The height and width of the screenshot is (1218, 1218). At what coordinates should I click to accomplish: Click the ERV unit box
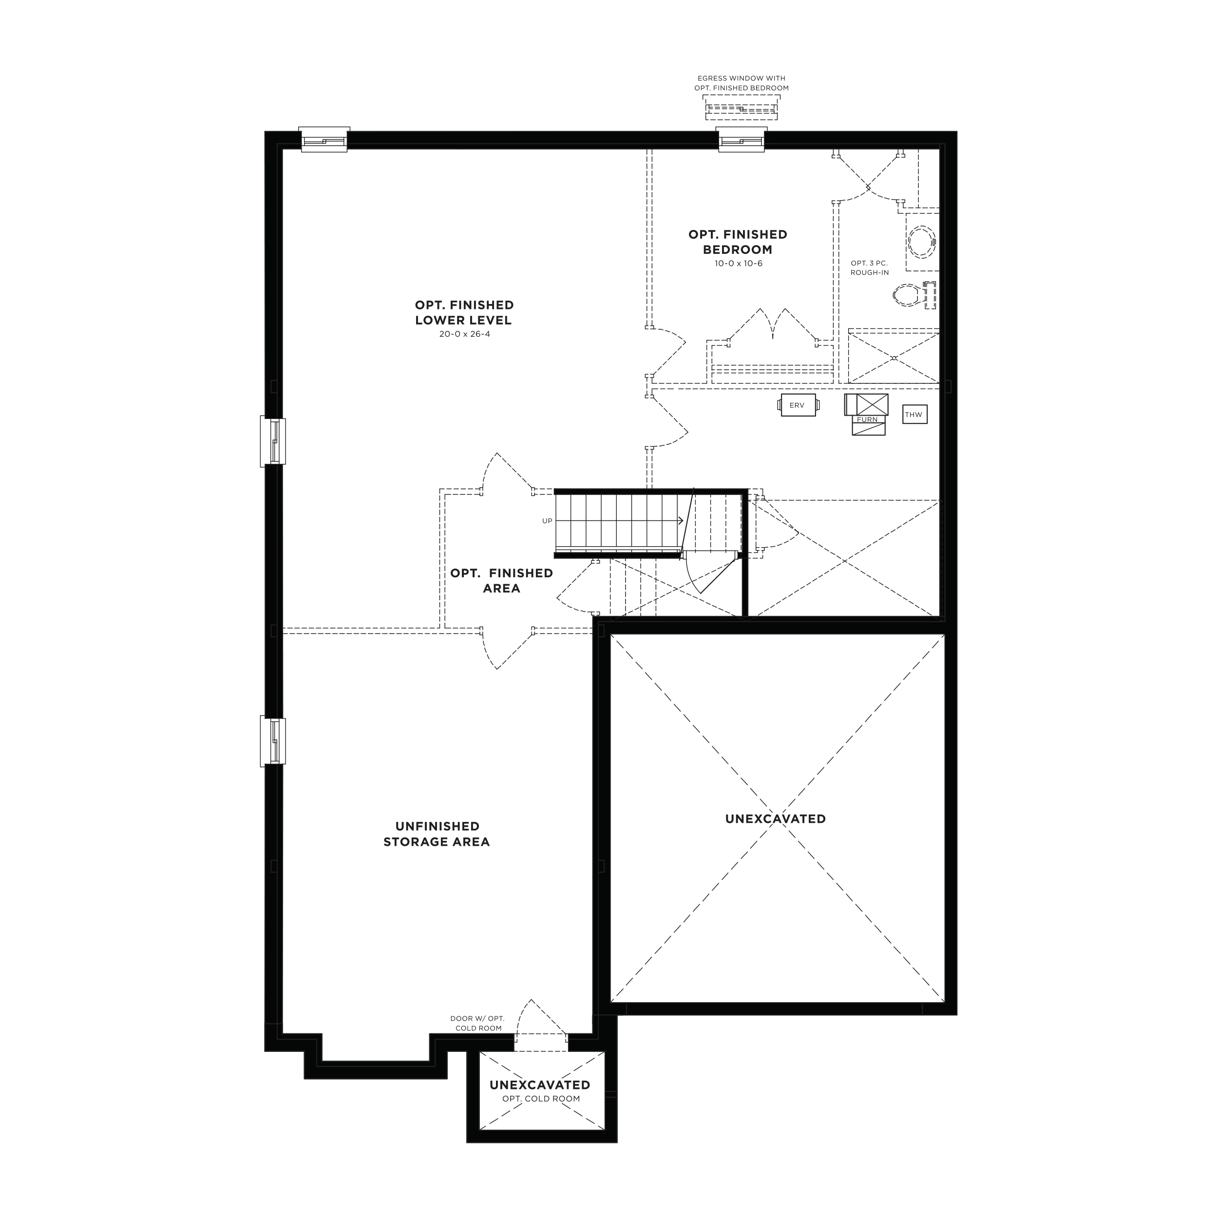point(797,405)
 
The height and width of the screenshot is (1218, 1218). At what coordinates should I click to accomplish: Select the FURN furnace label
point(867,419)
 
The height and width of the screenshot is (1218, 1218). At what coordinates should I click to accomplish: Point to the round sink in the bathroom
point(922,242)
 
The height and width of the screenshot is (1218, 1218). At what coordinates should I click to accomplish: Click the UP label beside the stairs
point(547,521)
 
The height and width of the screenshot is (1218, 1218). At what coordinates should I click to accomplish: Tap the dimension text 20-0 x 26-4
point(465,334)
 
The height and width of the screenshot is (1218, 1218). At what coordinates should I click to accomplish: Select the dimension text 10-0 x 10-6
point(738,264)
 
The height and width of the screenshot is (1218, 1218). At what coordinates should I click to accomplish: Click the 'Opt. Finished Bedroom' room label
point(738,242)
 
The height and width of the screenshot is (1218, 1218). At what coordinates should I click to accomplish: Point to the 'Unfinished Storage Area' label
point(437,834)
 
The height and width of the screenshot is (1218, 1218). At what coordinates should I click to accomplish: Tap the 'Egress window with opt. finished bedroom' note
point(742,83)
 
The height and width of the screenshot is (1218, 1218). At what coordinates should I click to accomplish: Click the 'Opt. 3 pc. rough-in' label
point(869,268)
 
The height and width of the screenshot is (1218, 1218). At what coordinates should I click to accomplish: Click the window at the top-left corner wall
point(324,139)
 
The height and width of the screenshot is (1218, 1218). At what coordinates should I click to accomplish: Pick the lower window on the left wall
point(273,742)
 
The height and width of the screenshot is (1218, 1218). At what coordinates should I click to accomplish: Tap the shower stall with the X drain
point(894,356)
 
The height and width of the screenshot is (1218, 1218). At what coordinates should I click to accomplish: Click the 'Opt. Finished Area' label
point(502,581)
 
